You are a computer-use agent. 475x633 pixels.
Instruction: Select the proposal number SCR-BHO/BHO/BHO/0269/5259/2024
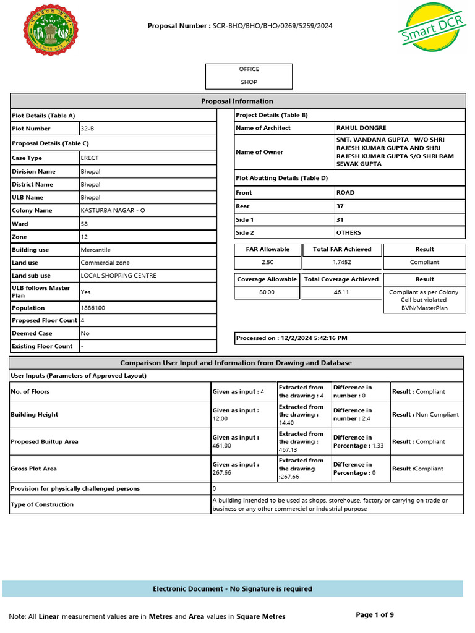(x=273, y=26)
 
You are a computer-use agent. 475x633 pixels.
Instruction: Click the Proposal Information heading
(x=237, y=101)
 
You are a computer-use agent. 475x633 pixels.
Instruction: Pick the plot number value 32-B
(x=87, y=129)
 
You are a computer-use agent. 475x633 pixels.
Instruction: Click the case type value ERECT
(x=90, y=158)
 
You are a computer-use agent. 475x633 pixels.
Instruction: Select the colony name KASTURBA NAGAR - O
(x=113, y=211)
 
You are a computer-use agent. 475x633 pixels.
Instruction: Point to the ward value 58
(x=85, y=224)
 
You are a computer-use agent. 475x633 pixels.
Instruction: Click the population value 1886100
(x=93, y=308)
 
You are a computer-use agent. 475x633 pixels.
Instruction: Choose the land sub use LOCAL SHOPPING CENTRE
(x=118, y=276)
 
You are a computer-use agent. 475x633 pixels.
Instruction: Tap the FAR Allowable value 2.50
(x=267, y=263)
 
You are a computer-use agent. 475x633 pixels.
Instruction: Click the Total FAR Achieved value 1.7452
(x=342, y=263)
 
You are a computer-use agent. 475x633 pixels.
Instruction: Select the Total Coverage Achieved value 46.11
(x=342, y=292)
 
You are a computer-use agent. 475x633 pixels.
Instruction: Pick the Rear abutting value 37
(x=340, y=206)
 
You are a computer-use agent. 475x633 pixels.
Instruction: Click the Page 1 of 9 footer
(x=375, y=614)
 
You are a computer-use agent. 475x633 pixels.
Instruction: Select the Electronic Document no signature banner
(x=233, y=589)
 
